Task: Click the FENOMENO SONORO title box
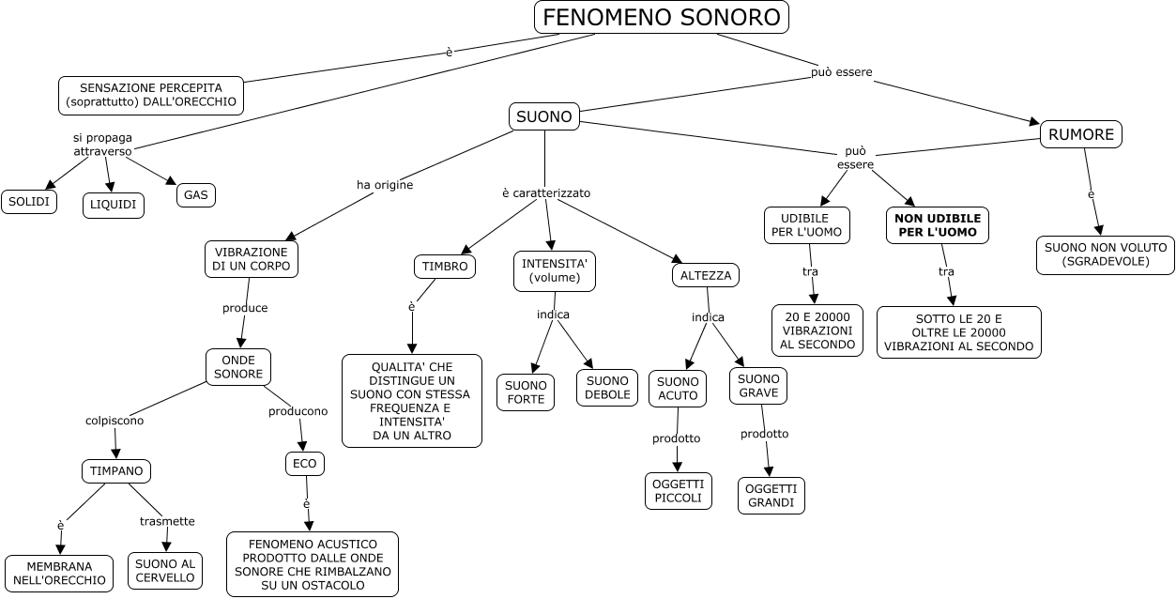click(x=661, y=17)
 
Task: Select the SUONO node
click(x=544, y=116)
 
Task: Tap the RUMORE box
click(x=1080, y=134)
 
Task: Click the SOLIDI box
click(x=29, y=201)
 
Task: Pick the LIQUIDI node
click(x=114, y=205)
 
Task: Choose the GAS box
click(x=195, y=194)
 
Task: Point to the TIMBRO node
click(x=444, y=267)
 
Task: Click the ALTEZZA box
click(x=705, y=275)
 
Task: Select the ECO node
click(x=305, y=463)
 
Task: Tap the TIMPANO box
click(x=115, y=471)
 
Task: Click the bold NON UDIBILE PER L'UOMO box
click(x=938, y=225)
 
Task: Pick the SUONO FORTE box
click(x=525, y=392)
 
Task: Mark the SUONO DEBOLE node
click(x=607, y=388)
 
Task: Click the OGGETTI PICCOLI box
click(x=678, y=491)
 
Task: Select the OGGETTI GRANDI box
click(x=771, y=496)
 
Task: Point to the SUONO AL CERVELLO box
click(x=164, y=571)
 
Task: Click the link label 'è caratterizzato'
click(x=545, y=192)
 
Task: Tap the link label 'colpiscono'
click(x=115, y=421)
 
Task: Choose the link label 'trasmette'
click(x=167, y=521)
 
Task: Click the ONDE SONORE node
click(x=237, y=366)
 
